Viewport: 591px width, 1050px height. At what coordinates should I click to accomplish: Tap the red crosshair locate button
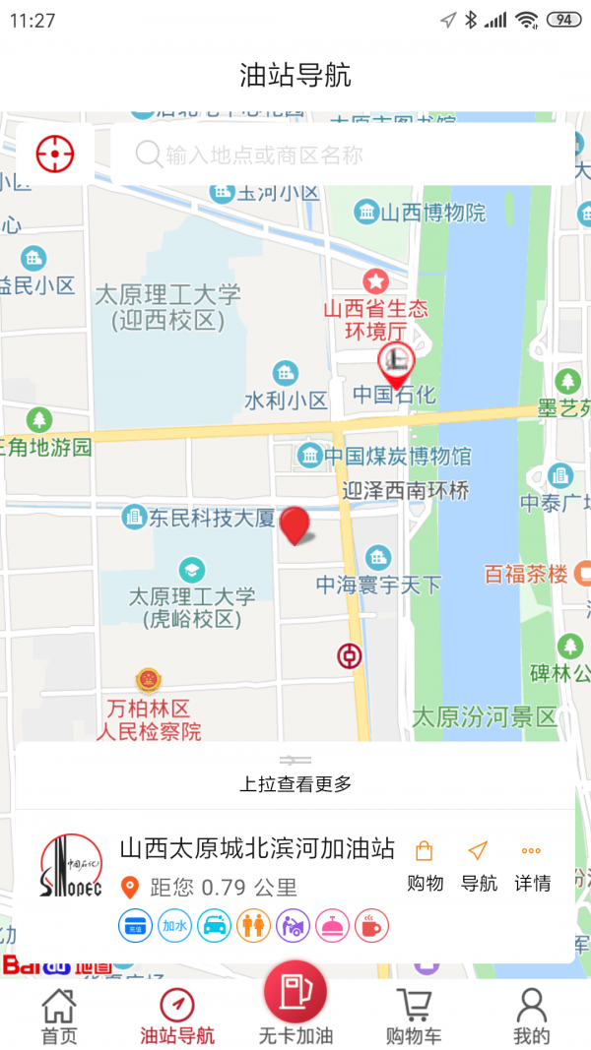pyautogui.click(x=55, y=154)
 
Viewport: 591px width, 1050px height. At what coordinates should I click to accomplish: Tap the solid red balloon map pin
pyautogui.click(x=295, y=525)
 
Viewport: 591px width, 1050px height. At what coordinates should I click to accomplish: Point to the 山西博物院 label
pyautogui.click(x=422, y=212)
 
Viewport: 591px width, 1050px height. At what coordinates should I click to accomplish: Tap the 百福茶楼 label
pyautogui.click(x=527, y=574)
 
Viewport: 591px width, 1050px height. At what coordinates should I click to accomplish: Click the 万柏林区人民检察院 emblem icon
pyautogui.click(x=148, y=680)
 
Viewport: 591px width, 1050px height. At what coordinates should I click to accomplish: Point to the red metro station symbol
pyautogui.click(x=349, y=655)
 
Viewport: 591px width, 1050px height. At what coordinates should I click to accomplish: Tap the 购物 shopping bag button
pyautogui.click(x=425, y=865)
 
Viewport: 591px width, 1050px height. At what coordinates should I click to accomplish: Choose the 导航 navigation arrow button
pyautogui.click(x=479, y=865)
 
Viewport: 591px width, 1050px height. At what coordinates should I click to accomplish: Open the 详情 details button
pyautogui.click(x=532, y=865)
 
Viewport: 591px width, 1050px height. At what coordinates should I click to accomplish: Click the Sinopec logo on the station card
pyautogui.click(x=71, y=867)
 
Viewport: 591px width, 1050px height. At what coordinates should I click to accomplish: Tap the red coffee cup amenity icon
pyautogui.click(x=372, y=925)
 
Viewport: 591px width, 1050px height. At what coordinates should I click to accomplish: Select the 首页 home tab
pyautogui.click(x=58, y=1017)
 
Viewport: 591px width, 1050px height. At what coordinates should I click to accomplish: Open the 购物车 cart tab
pyautogui.click(x=414, y=1017)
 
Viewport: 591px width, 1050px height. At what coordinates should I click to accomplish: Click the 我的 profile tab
pyautogui.click(x=531, y=1017)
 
